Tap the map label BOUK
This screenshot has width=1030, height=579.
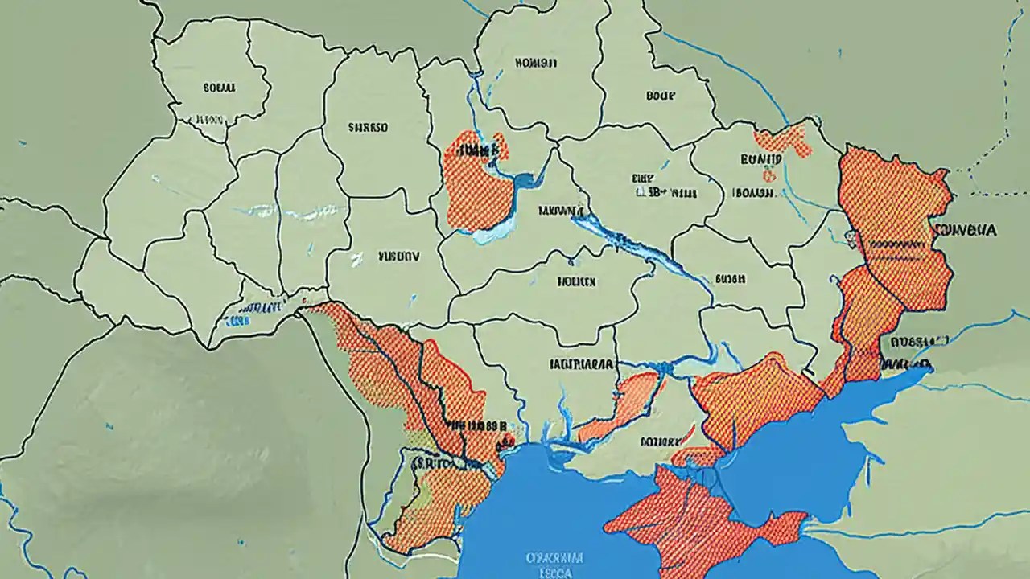pos(660,95)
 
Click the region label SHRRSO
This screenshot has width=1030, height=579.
pos(368,127)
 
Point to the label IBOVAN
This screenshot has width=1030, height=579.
pos(753,193)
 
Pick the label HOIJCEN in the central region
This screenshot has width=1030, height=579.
pos(575,282)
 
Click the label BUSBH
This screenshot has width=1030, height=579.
pos(730,278)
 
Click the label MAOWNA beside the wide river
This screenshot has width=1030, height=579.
pos(561,211)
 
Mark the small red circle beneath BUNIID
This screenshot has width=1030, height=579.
pos(770,175)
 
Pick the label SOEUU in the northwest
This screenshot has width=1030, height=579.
pos(219,86)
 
